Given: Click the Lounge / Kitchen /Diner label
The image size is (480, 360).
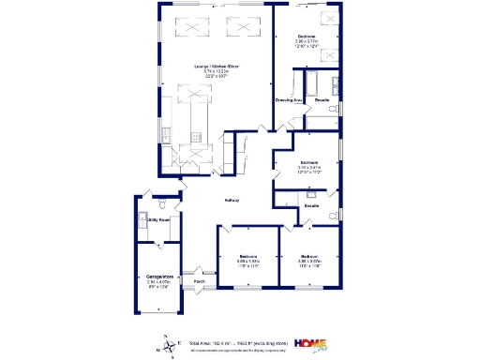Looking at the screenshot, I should (217, 66).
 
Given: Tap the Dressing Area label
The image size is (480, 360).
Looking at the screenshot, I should (286, 99).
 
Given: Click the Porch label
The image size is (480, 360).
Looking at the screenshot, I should (200, 281).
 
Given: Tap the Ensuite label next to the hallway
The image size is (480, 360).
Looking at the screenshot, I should (311, 206).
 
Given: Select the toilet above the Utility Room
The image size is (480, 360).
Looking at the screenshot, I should (163, 204).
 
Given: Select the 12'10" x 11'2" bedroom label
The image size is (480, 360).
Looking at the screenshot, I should (309, 167).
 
